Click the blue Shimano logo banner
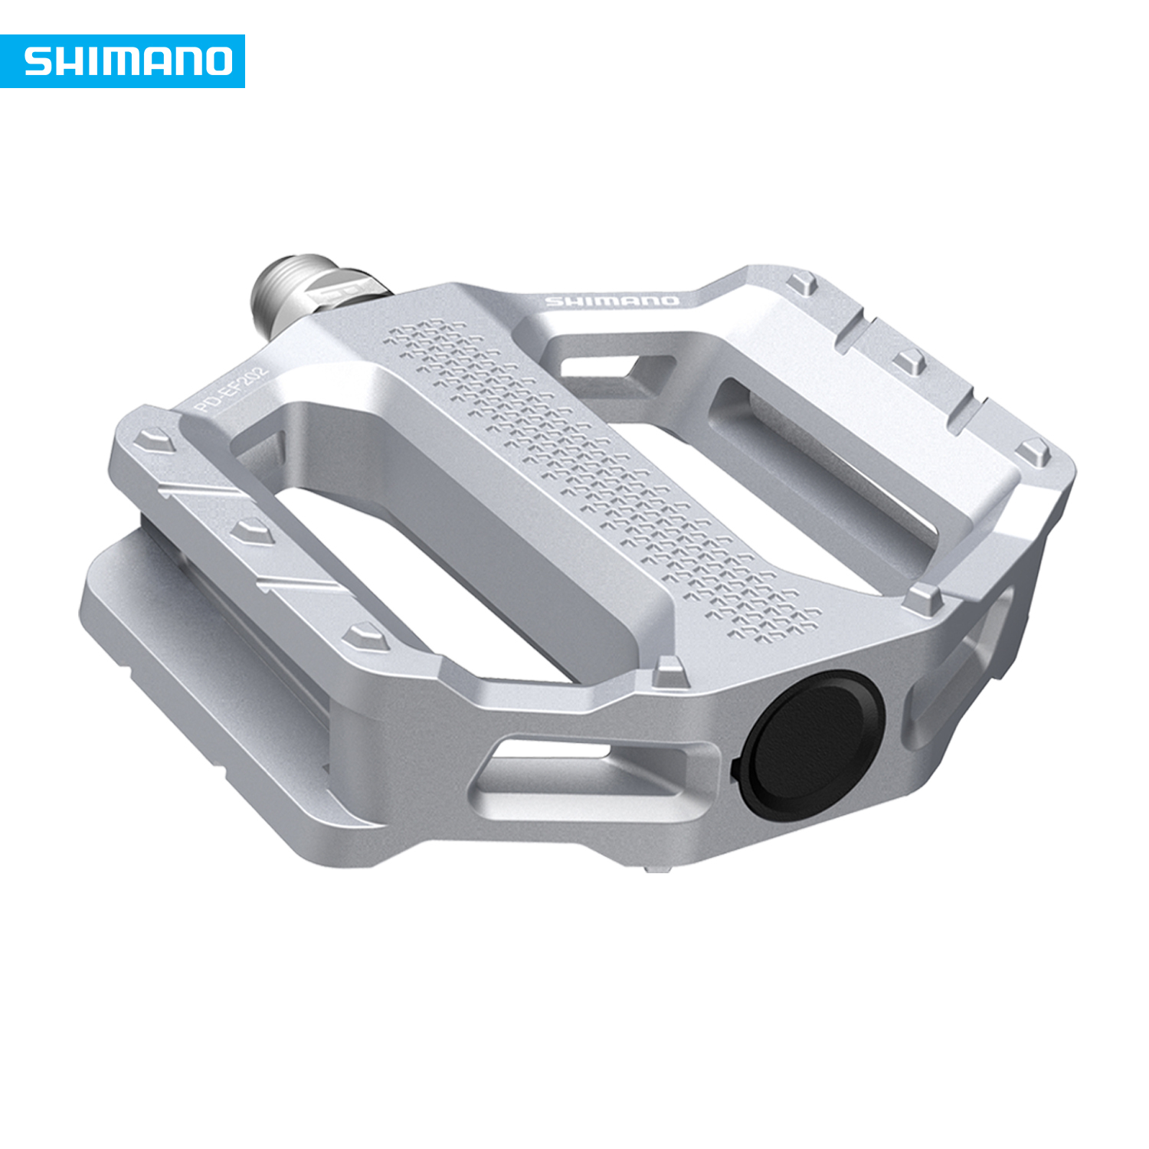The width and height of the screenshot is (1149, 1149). [123, 61]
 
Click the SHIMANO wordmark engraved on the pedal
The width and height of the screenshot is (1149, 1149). [611, 300]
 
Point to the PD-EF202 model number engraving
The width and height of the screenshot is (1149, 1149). [231, 391]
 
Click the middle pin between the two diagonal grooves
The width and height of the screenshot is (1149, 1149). [254, 530]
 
